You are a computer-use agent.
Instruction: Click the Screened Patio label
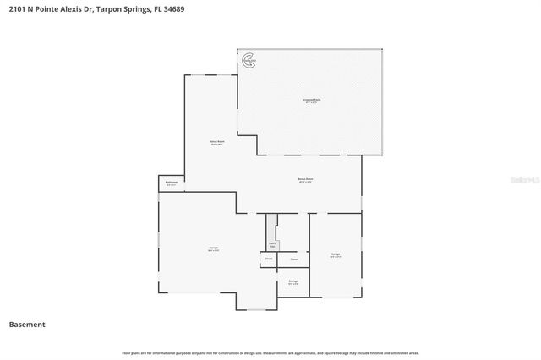[312, 100]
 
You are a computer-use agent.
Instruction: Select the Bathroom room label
[170, 183]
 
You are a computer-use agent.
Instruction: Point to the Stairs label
[272, 244]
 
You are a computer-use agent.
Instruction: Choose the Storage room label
[293, 281]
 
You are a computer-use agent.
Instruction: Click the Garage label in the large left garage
[213, 248]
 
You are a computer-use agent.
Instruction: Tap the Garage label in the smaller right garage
[336, 254]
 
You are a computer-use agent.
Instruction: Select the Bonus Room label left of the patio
[216, 142]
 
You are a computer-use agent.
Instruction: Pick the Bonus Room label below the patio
[305, 179]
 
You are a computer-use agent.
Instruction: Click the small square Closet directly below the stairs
[268, 259]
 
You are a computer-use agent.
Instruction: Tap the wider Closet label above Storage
[294, 259]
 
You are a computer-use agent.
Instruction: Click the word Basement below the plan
[27, 325]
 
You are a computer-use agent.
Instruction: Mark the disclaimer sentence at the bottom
[270, 352]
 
